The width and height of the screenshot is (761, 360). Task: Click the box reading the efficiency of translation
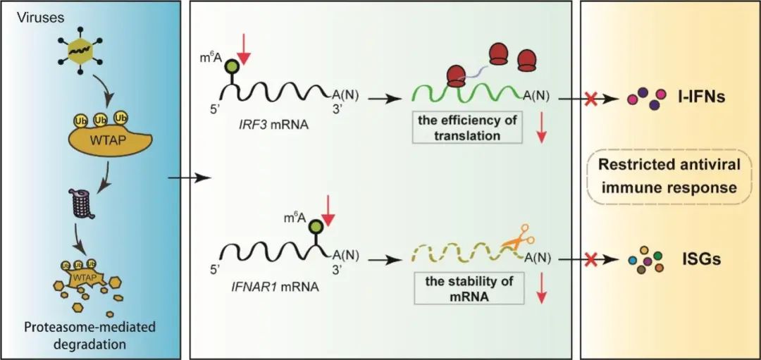467,127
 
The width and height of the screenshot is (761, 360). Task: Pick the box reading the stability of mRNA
467,287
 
